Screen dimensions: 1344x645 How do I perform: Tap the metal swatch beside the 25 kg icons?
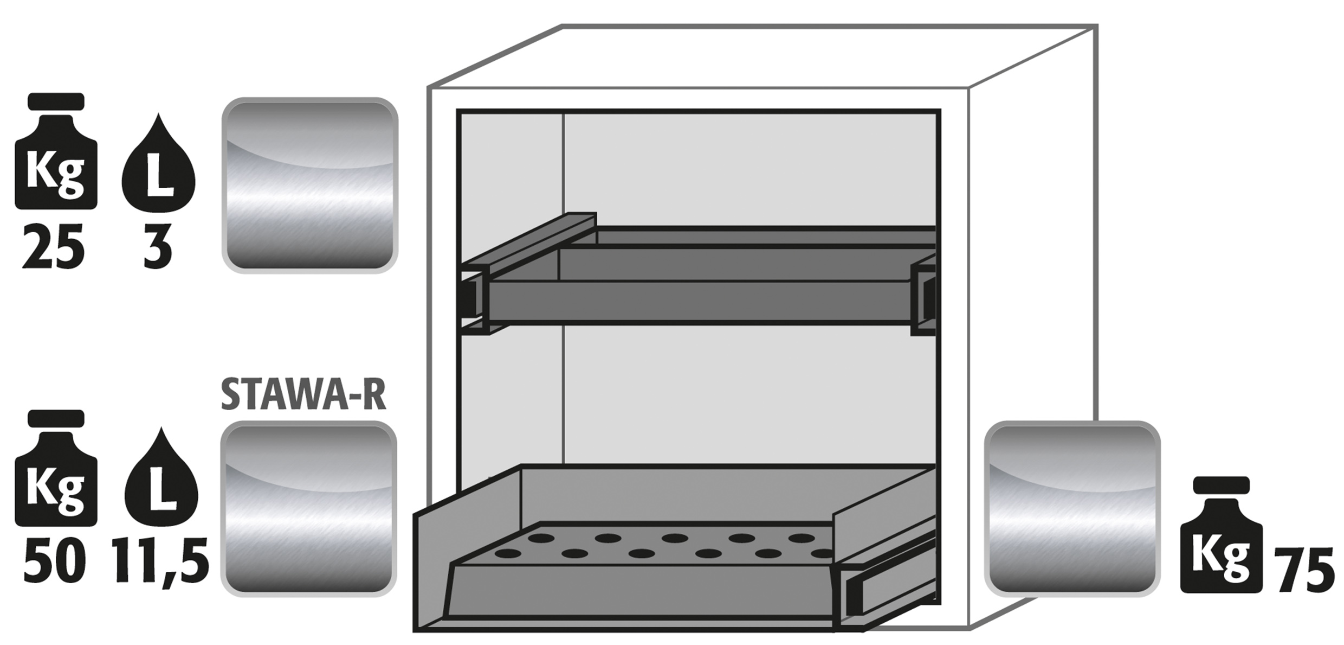coord(310,185)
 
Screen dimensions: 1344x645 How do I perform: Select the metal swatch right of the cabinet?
coord(1072,509)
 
